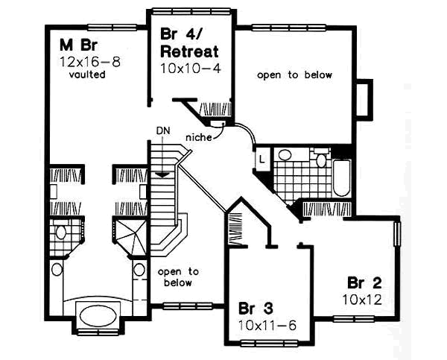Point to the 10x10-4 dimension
pos(189,68)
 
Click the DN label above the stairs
pos(163,131)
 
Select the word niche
pos(197,137)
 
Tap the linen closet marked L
pos(262,158)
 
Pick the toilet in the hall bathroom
pos(322,158)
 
